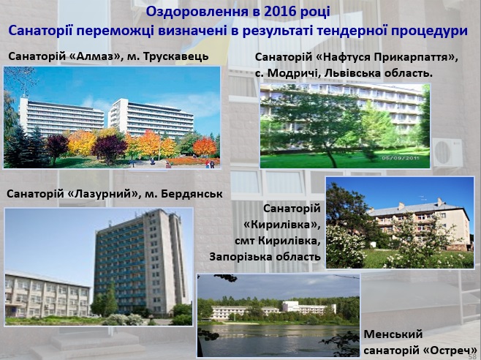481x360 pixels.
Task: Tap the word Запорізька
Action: pos(240,257)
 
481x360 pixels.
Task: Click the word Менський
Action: pos(393,334)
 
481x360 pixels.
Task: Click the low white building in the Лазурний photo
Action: pos(48,295)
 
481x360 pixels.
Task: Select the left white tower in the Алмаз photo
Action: pos(61,116)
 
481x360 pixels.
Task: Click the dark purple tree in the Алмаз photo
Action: pos(109,148)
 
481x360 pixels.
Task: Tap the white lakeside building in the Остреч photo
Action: pos(273,310)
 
